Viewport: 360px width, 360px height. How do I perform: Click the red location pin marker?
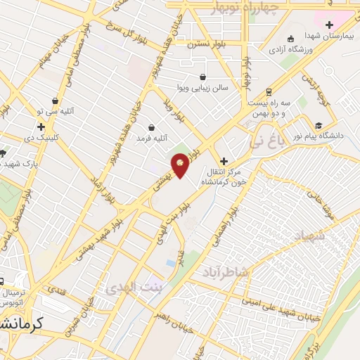coord(181,165)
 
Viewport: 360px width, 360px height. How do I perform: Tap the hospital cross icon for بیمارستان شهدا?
coord(328,25)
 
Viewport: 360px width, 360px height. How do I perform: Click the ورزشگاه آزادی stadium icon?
coord(290,39)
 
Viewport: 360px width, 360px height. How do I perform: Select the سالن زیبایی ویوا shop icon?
coord(202,77)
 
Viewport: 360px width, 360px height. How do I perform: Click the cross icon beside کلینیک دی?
coord(41,127)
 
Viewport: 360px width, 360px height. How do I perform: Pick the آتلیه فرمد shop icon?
coord(152,128)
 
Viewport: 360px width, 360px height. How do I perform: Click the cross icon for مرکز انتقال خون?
coord(224,161)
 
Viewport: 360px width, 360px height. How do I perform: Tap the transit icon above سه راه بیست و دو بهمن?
coord(268,92)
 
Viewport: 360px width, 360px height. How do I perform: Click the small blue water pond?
coord(171,264)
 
